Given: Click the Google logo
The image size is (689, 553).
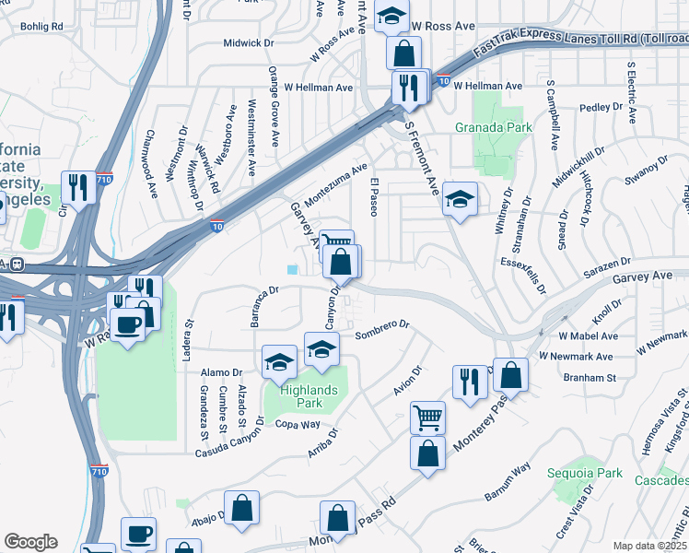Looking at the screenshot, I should pos(30,542).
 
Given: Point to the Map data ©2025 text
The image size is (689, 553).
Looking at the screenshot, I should pos(650,546).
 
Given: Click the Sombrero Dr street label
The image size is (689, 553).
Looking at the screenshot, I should pos(381,325).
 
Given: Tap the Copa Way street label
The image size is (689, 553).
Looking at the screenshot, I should pos(298,425).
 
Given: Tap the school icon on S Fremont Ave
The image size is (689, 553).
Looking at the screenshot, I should pos(459,198).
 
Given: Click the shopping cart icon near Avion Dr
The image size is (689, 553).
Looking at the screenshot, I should pos(427,417).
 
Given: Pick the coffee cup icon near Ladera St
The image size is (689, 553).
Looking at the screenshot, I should pos(127,324).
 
